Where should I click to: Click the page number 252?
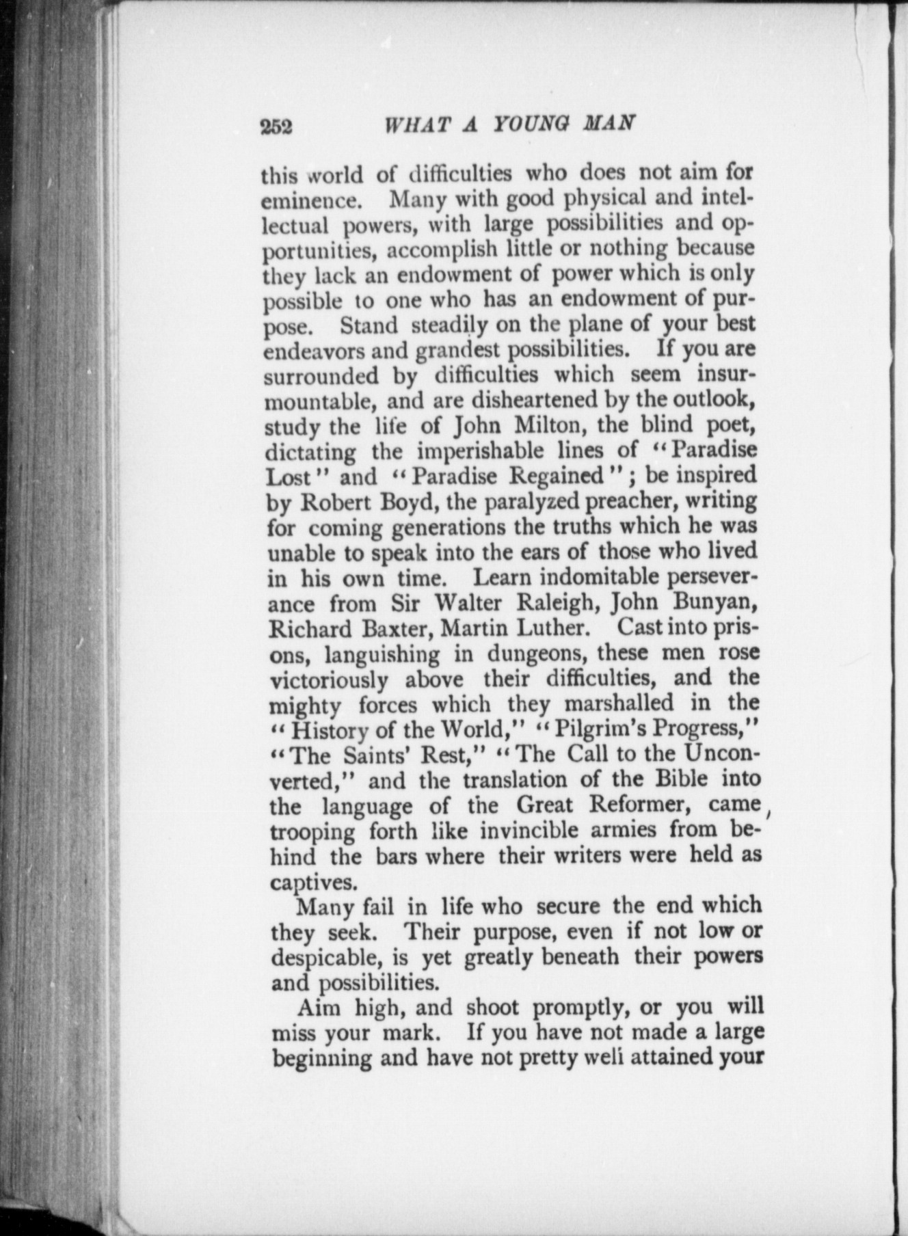coord(276,126)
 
